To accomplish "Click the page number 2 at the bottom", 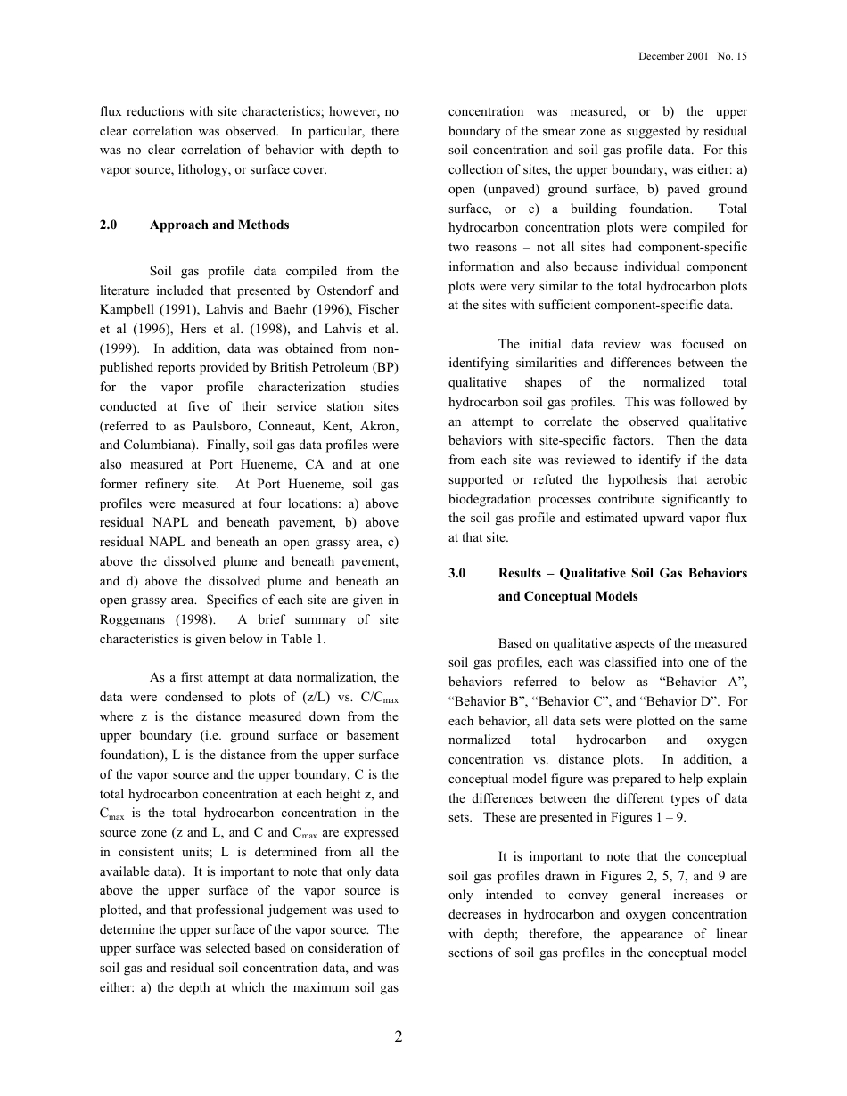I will (x=399, y=1036).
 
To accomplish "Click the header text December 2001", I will (x=673, y=56).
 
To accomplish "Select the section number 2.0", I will (x=109, y=225).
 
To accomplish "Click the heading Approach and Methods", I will (x=219, y=225).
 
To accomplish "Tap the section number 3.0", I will (x=457, y=573).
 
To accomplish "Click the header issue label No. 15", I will (x=732, y=56).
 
